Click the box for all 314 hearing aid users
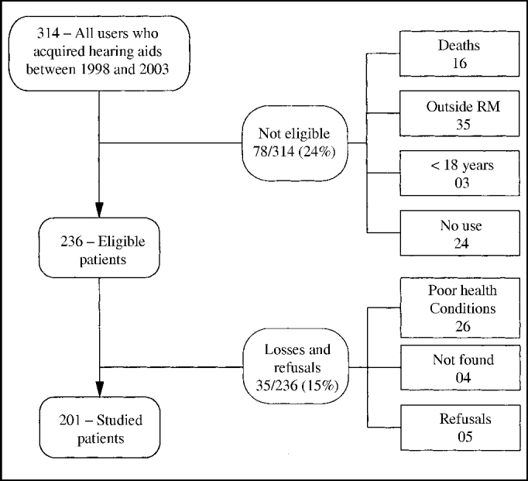point(101,48)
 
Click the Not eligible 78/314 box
point(294,142)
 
